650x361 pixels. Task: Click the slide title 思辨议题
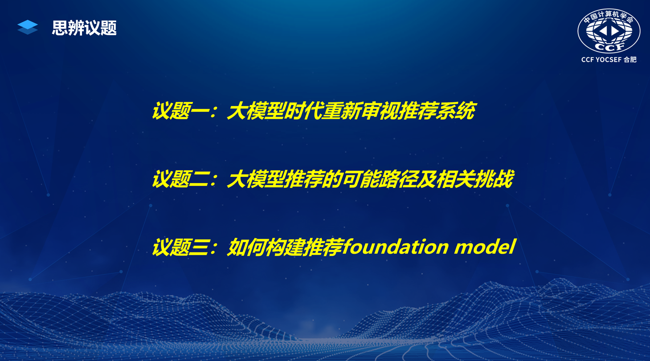point(84,28)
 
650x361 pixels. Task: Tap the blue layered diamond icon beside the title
point(28,27)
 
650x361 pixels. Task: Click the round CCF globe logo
point(609,31)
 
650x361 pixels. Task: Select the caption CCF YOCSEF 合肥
point(609,60)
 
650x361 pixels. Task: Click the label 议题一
point(180,111)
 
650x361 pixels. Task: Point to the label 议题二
point(180,179)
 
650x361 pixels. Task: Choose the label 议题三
point(180,247)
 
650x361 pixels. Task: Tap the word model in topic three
point(485,247)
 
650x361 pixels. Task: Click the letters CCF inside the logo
point(609,46)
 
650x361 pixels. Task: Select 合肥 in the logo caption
point(630,60)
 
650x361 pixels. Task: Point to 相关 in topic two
point(455,179)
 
